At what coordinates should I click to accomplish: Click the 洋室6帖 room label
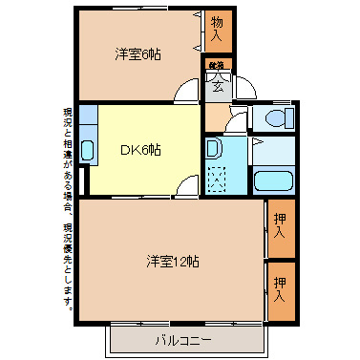(x=138, y=54)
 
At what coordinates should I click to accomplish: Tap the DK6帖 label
(x=139, y=150)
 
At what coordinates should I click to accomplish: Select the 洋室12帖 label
(x=172, y=260)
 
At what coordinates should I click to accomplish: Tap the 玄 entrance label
(x=217, y=87)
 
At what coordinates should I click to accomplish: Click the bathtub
(x=278, y=180)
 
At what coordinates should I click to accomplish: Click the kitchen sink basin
(x=87, y=150)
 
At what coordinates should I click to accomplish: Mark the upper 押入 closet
(x=280, y=226)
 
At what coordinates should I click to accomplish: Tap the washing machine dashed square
(x=217, y=179)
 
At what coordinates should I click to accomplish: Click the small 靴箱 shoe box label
(x=216, y=65)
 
